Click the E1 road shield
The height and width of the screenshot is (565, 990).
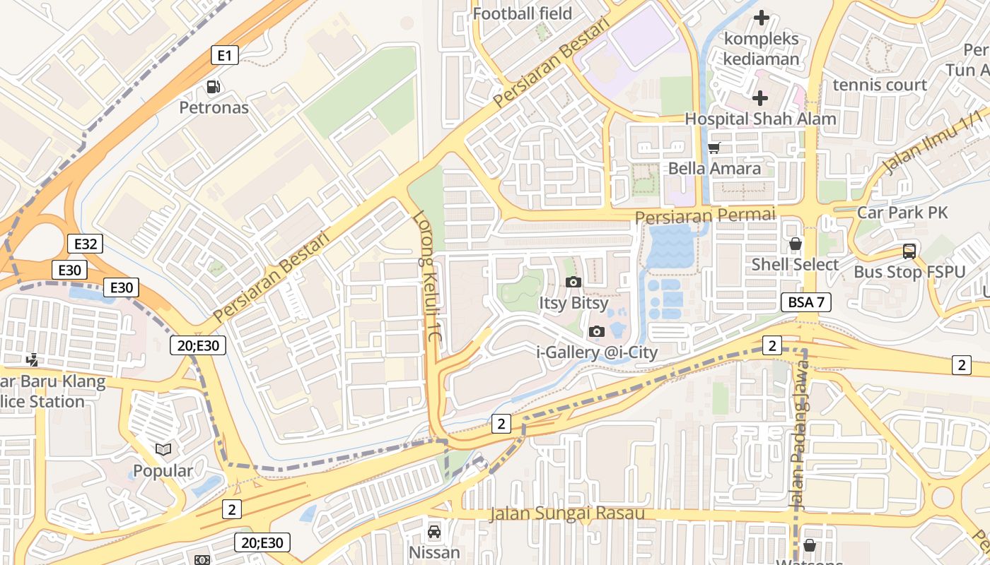click(x=224, y=55)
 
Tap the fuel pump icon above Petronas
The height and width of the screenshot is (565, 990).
click(x=213, y=87)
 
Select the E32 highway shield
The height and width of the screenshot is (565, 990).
click(x=86, y=244)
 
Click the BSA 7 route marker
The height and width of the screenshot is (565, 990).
click(x=805, y=302)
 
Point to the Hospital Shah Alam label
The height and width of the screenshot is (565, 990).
click(x=760, y=119)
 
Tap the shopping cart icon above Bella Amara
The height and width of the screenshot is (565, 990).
click(x=714, y=148)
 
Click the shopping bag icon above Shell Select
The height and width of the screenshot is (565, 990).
click(x=796, y=244)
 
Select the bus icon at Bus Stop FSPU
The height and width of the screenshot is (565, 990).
click(x=909, y=251)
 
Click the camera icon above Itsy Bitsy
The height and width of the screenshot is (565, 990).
click(x=573, y=282)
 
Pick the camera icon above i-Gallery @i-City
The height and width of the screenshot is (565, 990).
click(x=597, y=331)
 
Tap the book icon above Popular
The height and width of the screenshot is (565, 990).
click(x=163, y=449)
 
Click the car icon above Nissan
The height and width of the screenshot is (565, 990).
click(x=434, y=531)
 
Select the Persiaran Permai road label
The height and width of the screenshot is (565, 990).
click(x=704, y=215)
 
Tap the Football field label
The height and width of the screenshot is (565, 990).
click(x=522, y=13)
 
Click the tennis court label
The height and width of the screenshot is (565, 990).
click(x=880, y=85)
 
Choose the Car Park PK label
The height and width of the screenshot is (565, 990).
click(x=902, y=212)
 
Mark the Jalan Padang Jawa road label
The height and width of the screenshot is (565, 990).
click(x=799, y=445)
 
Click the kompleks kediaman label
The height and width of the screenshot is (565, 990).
click(x=762, y=48)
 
